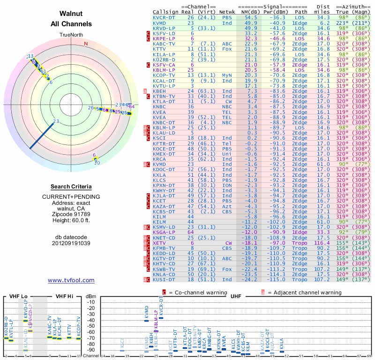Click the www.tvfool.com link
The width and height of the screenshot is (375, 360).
coord(71,280)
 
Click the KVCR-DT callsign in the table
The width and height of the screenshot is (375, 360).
coord(165,17)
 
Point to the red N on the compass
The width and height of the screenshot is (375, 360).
coord(86,44)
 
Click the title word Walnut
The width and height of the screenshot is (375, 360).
coord(71,14)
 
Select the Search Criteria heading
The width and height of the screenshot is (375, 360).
coord(71,187)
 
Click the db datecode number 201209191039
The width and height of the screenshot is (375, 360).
coord(71,243)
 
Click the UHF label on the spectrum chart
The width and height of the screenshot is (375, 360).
coord(236,296)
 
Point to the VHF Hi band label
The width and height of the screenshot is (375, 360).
coord(65,296)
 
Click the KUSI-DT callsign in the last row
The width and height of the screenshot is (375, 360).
coord(165,279)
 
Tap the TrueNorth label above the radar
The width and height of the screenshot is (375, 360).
coord(71,35)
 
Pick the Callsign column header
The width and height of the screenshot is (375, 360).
coord(165,12)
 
